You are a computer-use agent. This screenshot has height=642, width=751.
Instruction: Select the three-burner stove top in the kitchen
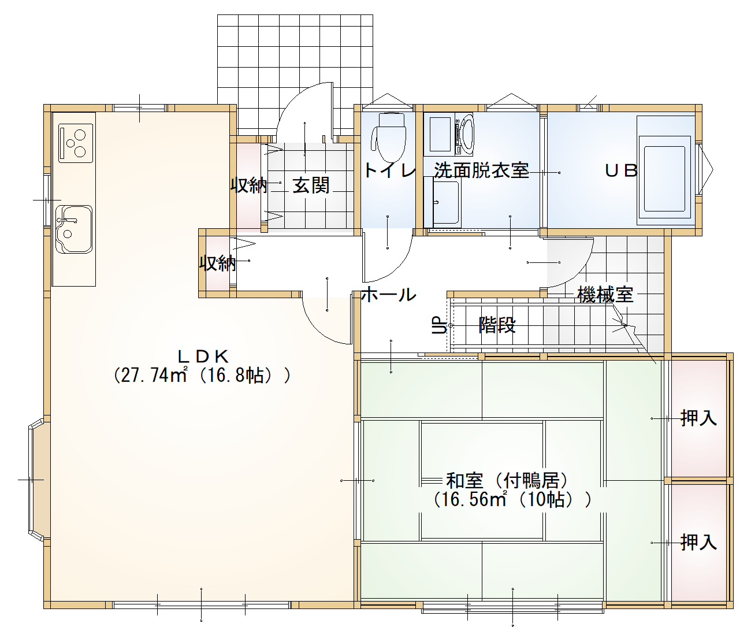coord(76,143)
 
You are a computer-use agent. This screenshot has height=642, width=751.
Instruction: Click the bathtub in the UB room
coord(664,177)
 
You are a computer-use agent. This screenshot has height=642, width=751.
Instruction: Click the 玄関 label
coord(311,185)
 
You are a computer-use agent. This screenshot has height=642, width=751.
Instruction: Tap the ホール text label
coord(389,295)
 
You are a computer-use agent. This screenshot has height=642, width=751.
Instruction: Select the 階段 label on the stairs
coord(497,325)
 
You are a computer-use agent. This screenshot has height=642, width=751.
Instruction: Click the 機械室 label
coord(605,295)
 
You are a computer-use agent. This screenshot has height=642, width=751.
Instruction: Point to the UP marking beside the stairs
coord(438,325)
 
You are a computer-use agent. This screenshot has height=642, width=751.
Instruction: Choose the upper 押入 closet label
coord(698,418)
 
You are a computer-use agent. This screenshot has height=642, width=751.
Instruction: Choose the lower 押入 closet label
coord(698,543)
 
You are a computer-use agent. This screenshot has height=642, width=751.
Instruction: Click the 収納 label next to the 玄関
coord(249,185)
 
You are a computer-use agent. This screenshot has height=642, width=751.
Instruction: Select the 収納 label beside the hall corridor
coord(218,263)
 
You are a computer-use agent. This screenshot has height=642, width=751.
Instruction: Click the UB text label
coord(621,170)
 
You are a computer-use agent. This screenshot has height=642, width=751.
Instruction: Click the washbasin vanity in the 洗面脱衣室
coord(443,202)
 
